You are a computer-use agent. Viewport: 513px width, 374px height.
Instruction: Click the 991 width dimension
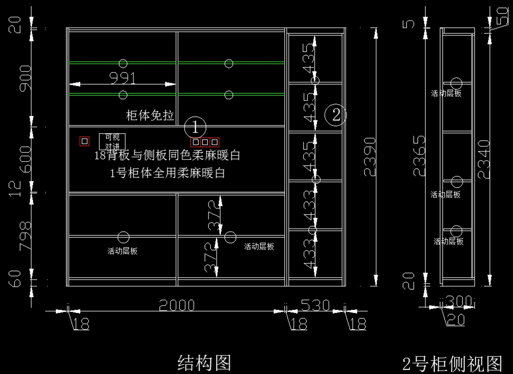pyautogui.click(x=123, y=78)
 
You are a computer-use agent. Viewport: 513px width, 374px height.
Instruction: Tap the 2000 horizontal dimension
pyautogui.click(x=177, y=305)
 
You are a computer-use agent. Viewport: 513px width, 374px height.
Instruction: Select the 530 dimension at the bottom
pyautogui.click(x=315, y=305)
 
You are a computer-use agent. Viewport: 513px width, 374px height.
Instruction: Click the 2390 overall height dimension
pyautogui.click(x=370, y=157)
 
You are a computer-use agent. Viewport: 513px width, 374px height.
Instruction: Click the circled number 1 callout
pyautogui.click(x=195, y=127)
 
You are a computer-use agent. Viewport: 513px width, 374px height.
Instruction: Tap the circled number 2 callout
pyautogui.click(x=336, y=114)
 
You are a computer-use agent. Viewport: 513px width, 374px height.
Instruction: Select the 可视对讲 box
pyautogui.click(x=112, y=141)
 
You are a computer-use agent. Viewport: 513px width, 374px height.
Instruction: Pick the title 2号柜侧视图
pyautogui.click(x=452, y=364)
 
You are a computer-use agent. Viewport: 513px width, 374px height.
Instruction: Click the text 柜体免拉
pyautogui.click(x=150, y=115)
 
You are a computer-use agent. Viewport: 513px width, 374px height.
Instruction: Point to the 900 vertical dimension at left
pyautogui.click(x=25, y=78)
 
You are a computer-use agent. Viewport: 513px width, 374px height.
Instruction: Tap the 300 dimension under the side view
pyautogui.click(x=459, y=302)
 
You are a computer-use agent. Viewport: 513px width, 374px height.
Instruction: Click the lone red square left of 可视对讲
pyautogui.click(x=85, y=141)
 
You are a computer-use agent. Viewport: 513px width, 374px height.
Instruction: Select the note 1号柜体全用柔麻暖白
pyautogui.click(x=168, y=173)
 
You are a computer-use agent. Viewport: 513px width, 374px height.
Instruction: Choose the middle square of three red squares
pyautogui.click(x=205, y=142)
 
